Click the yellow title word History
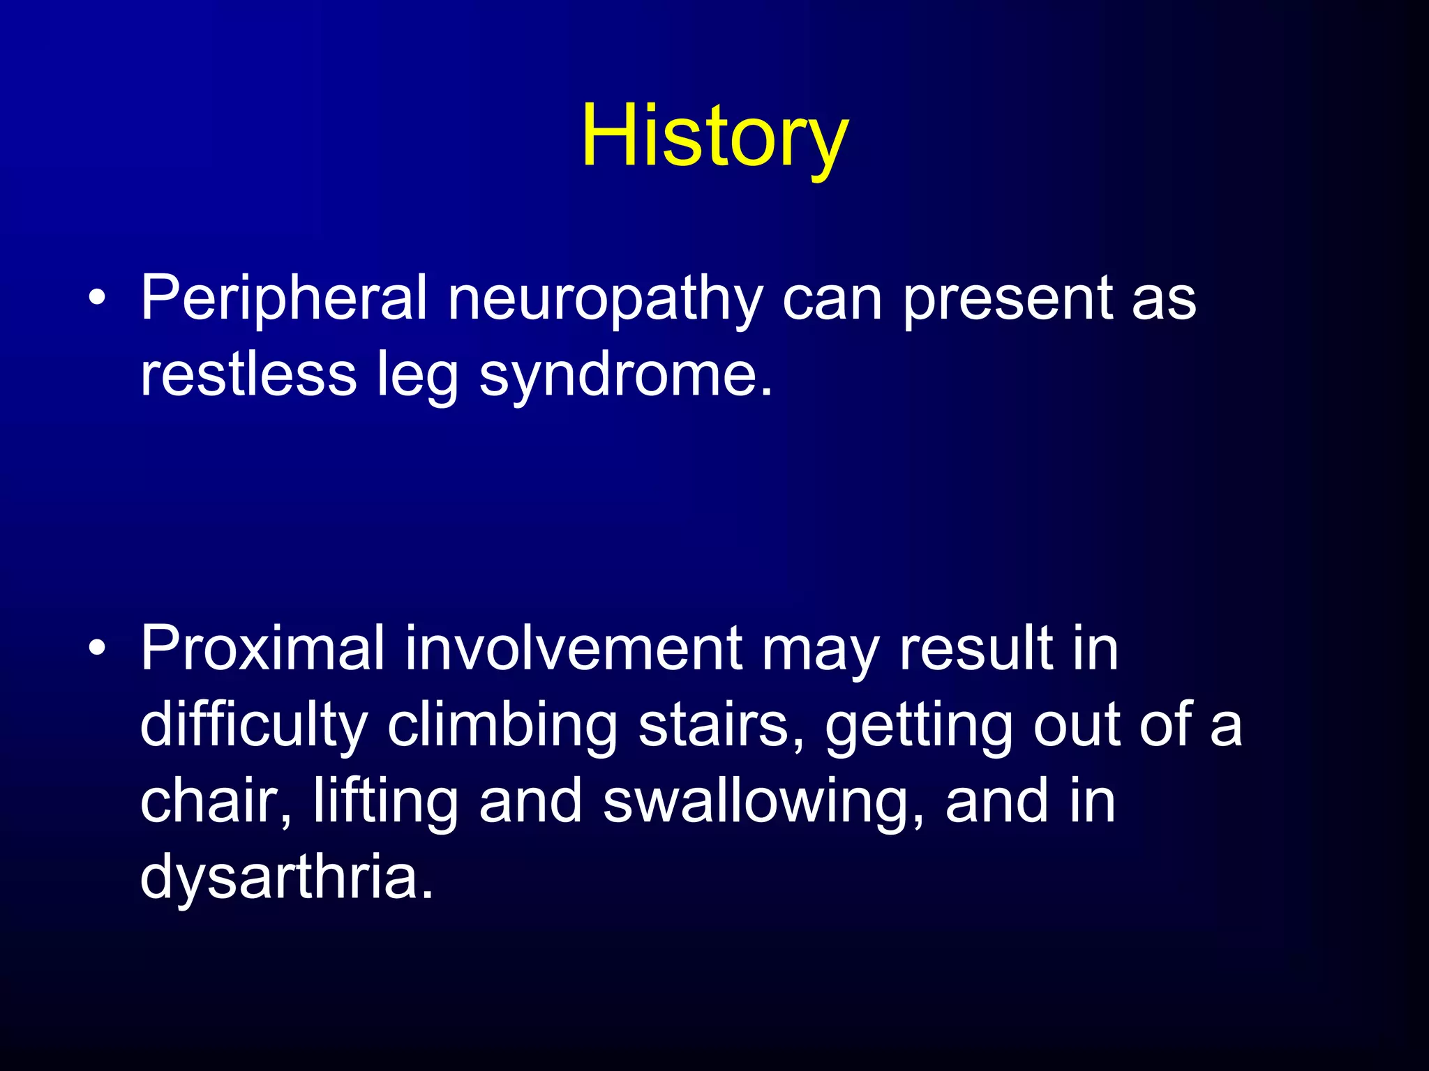pos(714,136)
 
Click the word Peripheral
pos(283,298)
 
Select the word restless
pos(248,374)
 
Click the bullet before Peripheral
pos(98,299)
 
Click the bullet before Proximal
pos(98,649)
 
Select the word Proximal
pos(262,648)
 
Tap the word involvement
pos(573,648)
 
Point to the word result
pos(976,648)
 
